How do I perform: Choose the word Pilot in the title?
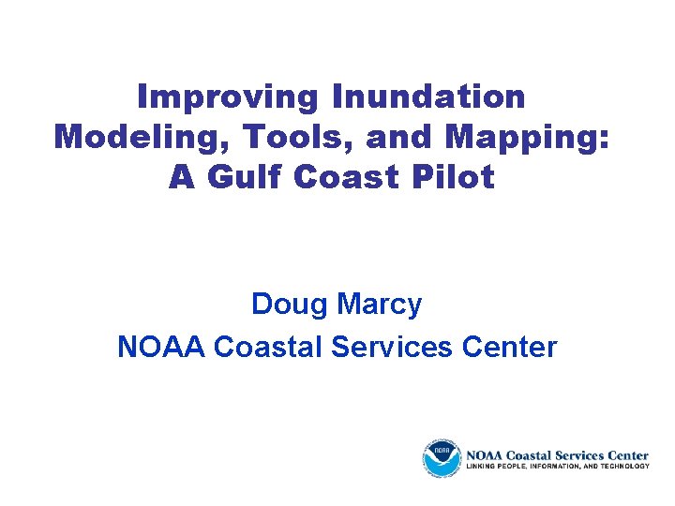[456, 177]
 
